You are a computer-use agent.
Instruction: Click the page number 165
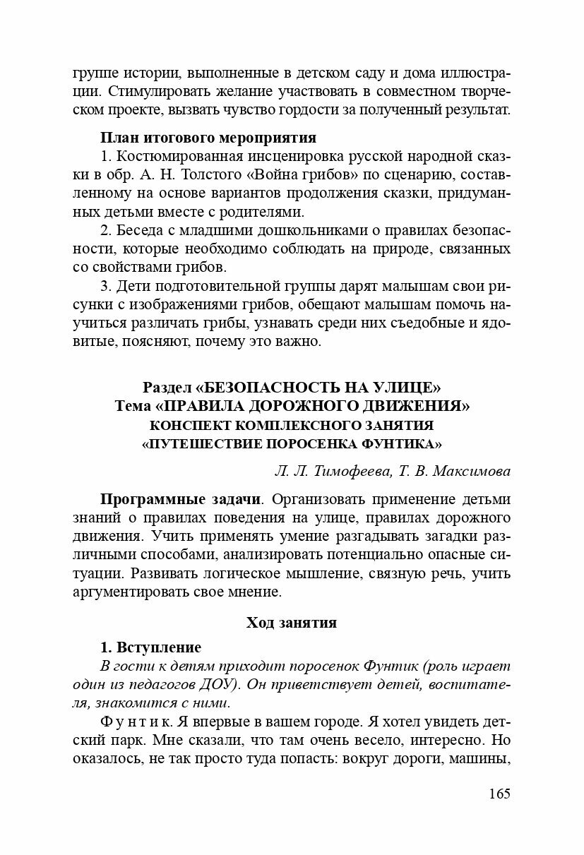tap(499, 793)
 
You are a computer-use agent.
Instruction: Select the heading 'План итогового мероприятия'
tap(208, 137)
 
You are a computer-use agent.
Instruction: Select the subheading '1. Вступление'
tap(150, 647)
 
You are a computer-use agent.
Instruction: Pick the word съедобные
tap(417, 323)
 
